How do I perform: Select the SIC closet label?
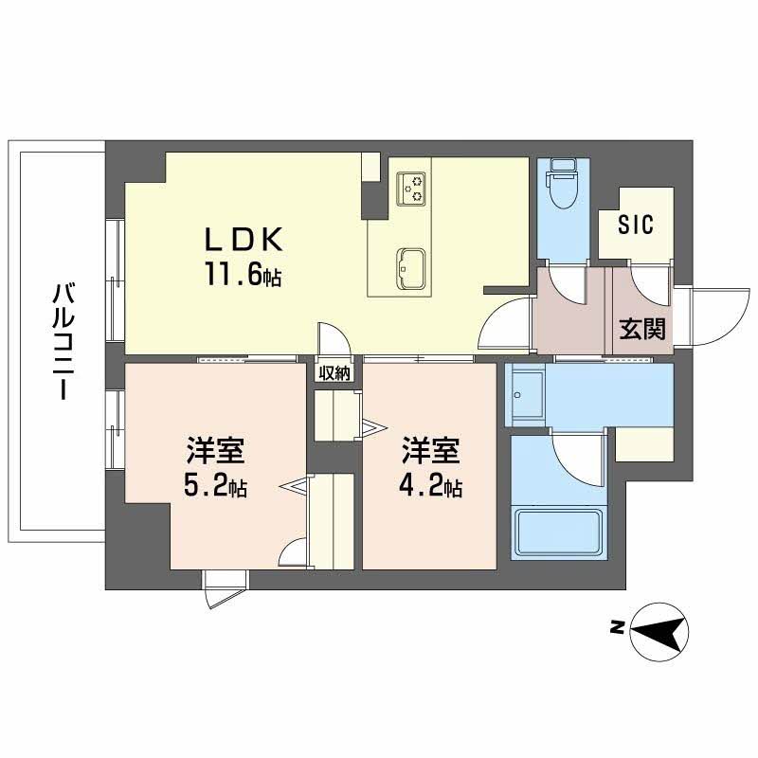point(636,226)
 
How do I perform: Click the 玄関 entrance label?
point(641,329)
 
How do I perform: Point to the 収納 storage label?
point(334,372)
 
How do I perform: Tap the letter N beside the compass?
point(617,626)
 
